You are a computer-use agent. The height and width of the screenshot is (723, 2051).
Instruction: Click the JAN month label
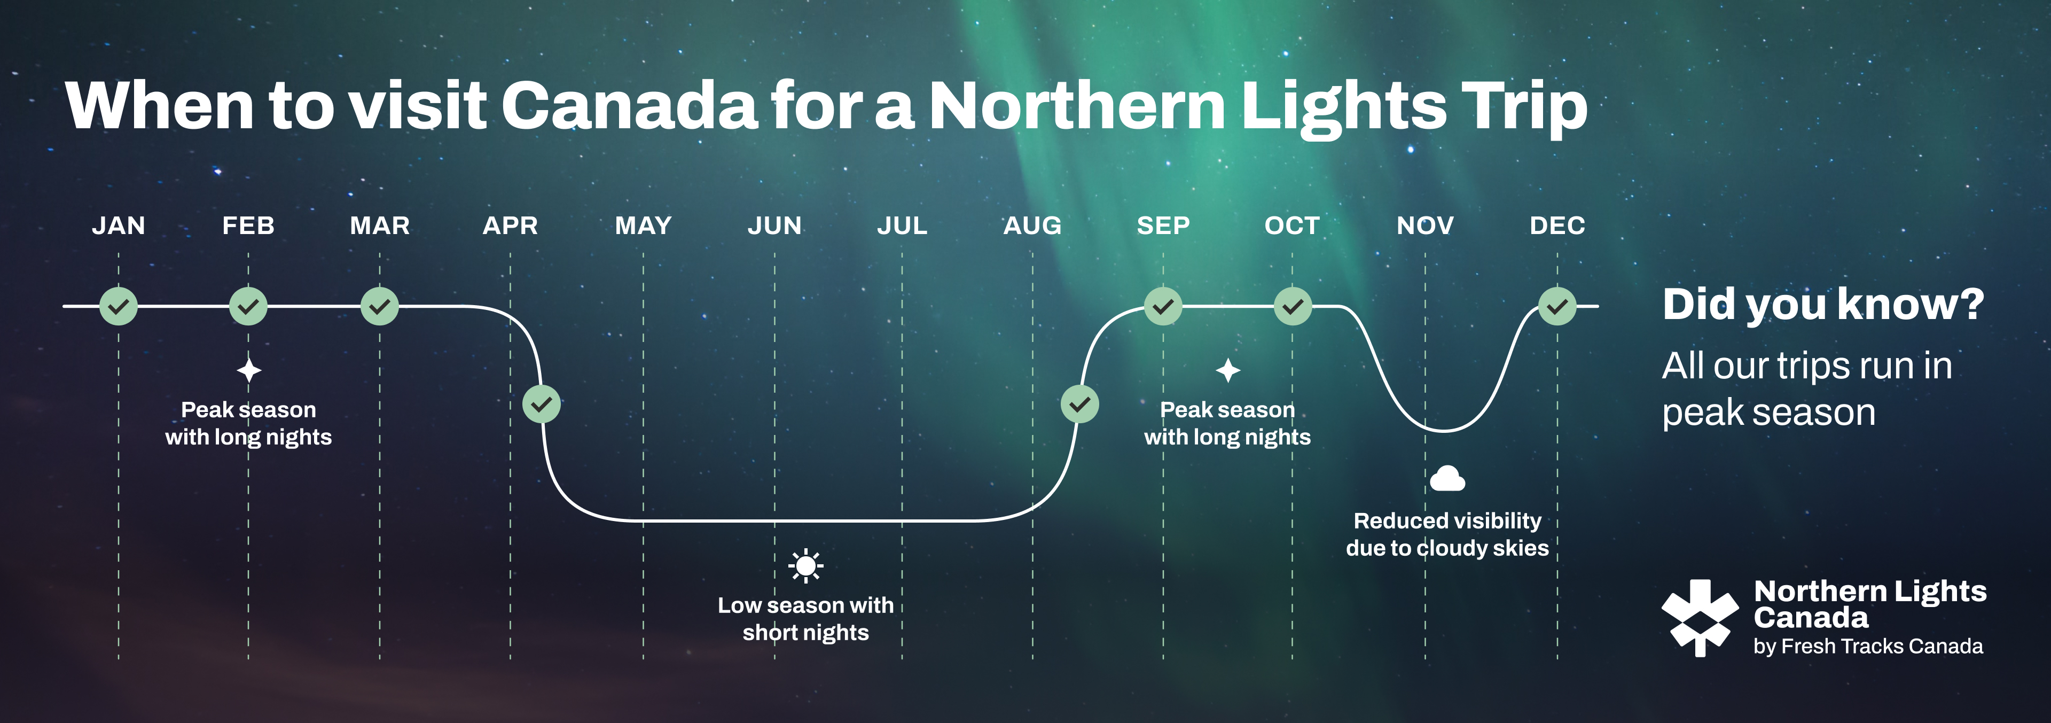[119, 226]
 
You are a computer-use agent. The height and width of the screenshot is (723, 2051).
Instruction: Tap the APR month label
[511, 226]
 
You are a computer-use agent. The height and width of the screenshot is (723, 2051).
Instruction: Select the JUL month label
[902, 226]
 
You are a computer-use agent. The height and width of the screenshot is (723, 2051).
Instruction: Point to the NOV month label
[1425, 226]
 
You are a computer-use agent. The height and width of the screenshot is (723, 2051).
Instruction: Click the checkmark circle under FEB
[248, 306]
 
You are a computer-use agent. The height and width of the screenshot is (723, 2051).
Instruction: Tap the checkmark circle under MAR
[380, 306]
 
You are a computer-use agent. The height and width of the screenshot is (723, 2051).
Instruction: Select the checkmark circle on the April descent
[542, 405]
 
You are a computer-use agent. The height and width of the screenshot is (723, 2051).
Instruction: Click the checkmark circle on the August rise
[1079, 405]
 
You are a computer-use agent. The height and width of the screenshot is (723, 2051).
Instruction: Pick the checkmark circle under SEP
[1163, 306]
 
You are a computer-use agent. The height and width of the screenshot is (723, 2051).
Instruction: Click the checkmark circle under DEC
[1557, 306]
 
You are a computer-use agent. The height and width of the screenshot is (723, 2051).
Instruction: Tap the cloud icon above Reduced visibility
[1447, 479]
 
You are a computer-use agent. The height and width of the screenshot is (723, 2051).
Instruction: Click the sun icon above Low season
[806, 566]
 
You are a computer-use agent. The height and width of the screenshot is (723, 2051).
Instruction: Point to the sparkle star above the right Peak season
[1228, 370]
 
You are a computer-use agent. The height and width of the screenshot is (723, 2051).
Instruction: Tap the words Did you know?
[1823, 304]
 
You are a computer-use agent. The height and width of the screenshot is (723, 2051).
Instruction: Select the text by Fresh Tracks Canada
[1868, 647]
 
